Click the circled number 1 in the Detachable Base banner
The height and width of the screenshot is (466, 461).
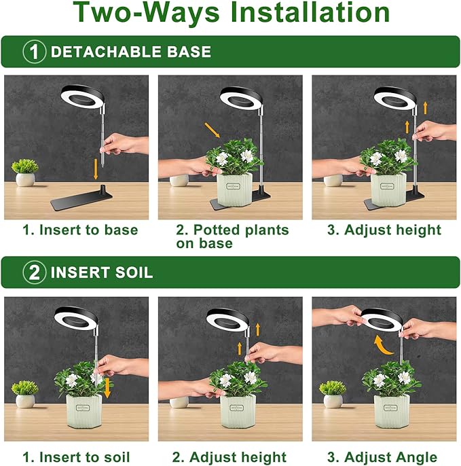34,52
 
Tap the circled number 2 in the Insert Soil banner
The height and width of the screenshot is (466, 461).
34,273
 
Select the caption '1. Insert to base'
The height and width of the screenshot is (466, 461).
80,230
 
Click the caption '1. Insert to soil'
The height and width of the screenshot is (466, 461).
76,456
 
